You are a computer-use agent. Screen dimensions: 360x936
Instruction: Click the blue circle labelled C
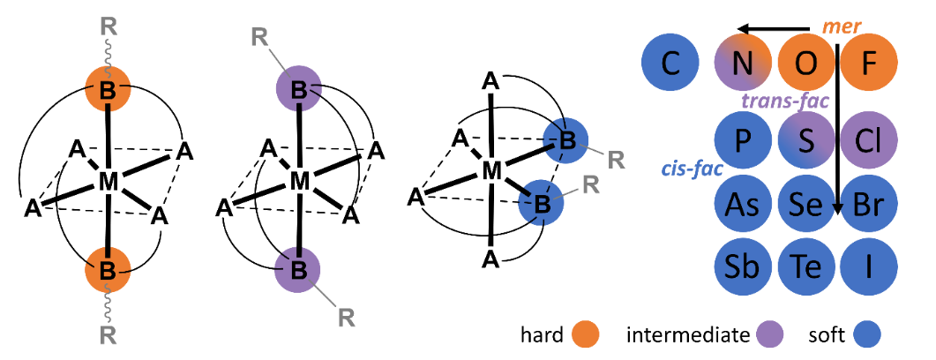point(671,64)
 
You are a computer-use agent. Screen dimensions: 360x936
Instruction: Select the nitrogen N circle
point(743,64)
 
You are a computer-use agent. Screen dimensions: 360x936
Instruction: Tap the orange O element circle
point(806,64)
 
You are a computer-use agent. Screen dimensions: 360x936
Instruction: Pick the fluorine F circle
point(869,64)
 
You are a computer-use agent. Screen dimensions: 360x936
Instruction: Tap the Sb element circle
point(743,265)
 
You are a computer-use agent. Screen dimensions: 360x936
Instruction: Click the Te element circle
point(806,265)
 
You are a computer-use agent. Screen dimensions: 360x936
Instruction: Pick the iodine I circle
point(869,265)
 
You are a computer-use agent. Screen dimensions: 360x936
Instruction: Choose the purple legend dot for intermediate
point(767,334)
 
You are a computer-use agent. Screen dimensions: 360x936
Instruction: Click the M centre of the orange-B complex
point(109,182)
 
